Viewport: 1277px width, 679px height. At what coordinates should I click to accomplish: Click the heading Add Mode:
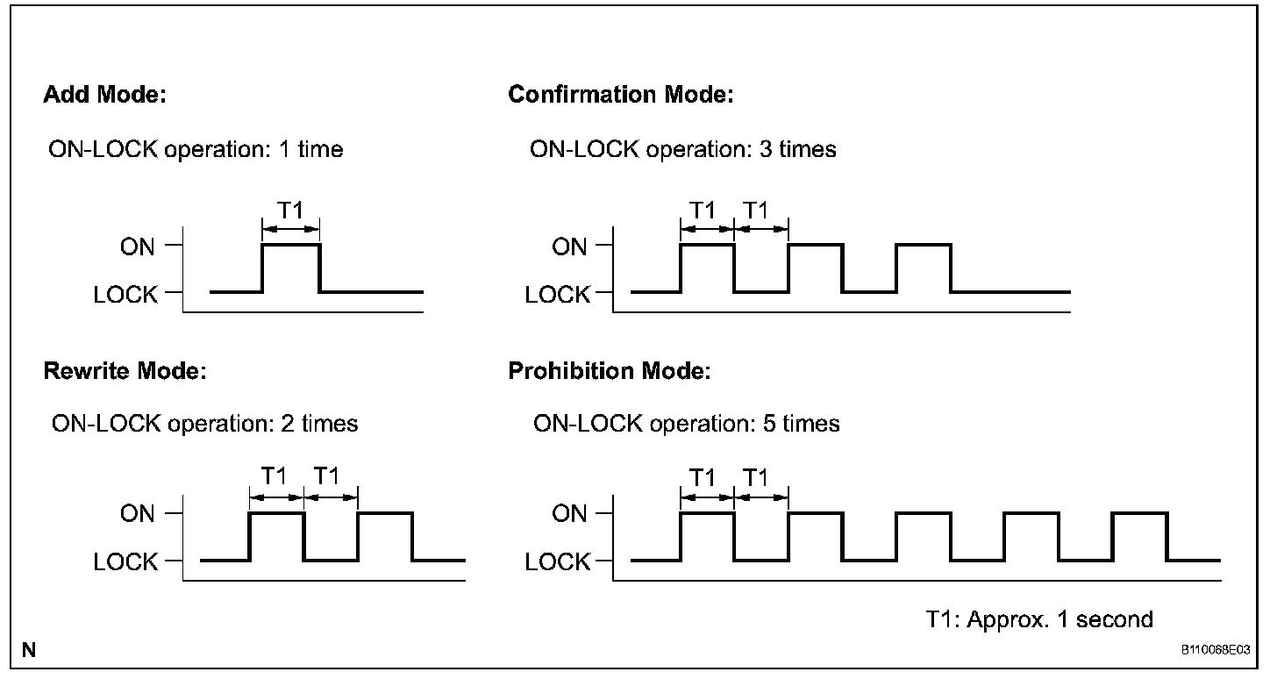[104, 95]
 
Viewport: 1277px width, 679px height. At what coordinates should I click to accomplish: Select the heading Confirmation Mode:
[620, 95]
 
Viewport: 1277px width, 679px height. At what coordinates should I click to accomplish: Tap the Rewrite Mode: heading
[125, 371]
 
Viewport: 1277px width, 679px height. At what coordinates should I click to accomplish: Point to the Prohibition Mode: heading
[609, 371]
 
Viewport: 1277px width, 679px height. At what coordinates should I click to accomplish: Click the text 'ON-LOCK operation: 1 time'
[196, 149]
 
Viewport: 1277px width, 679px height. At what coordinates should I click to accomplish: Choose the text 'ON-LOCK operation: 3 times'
[682, 149]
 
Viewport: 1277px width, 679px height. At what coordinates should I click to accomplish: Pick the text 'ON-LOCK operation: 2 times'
[204, 424]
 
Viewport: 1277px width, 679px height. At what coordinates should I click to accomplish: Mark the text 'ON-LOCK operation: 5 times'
[686, 424]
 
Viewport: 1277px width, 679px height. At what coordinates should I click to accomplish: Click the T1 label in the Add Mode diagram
[290, 211]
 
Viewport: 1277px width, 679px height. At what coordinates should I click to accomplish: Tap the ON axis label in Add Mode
[138, 247]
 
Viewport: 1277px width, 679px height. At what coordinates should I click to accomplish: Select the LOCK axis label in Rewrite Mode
[126, 561]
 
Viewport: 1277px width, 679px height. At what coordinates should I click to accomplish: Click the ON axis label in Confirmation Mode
[569, 247]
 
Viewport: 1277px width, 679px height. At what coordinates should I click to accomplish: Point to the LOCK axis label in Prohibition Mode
[558, 561]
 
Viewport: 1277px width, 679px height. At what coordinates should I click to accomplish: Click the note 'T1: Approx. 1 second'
[1039, 619]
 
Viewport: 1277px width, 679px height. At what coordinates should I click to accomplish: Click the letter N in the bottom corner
[30, 650]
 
